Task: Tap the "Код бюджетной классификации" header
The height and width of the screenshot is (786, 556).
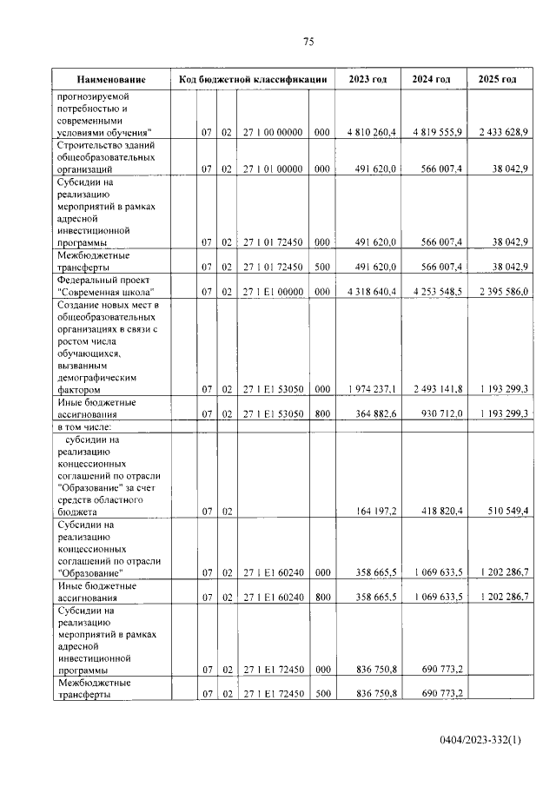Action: [x=252, y=80]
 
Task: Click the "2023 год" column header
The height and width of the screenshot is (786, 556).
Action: [x=367, y=80]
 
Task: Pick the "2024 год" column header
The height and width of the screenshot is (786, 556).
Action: [x=432, y=80]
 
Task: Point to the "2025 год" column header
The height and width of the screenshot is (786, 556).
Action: [x=497, y=80]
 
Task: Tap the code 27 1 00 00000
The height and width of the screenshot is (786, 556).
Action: [x=272, y=132]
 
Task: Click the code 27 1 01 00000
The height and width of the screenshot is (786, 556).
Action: [x=272, y=170]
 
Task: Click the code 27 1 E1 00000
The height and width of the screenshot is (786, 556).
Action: [x=272, y=292]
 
